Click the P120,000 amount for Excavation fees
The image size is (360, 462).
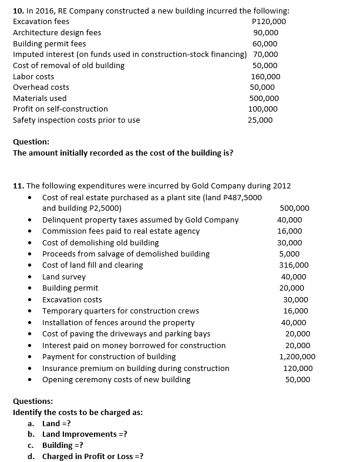pyautogui.click(x=268, y=21)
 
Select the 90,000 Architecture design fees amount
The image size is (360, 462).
pyautogui.click(x=265, y=32)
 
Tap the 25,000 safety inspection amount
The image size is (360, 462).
pyautogui.click(x=261, y=120)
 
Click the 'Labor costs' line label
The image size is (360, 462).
pyautogui.click(x=33, y=76)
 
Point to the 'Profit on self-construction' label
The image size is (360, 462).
pyautogui.click(x=60, y=109)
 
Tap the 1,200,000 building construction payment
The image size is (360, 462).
pyautogui.click(x=297, y=356)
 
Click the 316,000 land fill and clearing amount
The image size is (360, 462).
pyautogui.click(x=295, y=265)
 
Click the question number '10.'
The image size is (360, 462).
pyautogui.click(x=19, y=11)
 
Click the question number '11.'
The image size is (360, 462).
pyautogui.click(x=19, y=186)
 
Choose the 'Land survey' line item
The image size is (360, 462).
pyautogui.click(x=64, y=276)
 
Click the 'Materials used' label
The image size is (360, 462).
pyautogui.click(x=40, y=98)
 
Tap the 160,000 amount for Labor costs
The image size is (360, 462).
pyautogui.click(x=265, y=76)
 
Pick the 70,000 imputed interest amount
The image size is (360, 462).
pyautogui.click(x=265, y=54)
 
